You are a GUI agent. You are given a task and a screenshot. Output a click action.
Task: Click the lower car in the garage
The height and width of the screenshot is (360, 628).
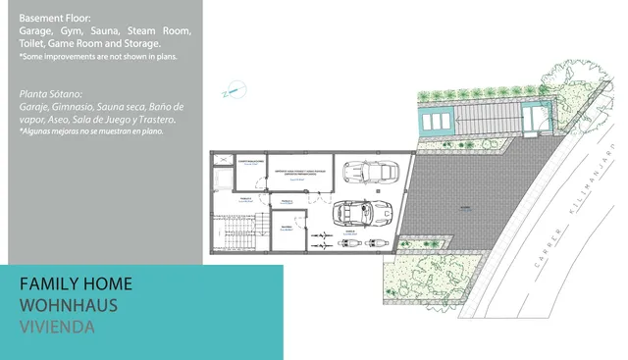click(x=363, y=211)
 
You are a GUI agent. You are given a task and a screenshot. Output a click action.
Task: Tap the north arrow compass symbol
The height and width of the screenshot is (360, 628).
click(x=233, y=91)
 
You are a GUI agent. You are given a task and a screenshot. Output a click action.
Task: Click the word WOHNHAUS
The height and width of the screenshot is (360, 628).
click(x=69, y=305)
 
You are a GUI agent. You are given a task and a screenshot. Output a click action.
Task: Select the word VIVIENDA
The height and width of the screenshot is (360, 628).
click(x=57, y=327)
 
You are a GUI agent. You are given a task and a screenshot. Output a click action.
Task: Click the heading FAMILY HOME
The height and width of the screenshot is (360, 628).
click(x=76, y=283)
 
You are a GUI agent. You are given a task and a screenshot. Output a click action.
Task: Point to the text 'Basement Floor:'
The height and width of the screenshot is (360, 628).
click(x=54, y=19)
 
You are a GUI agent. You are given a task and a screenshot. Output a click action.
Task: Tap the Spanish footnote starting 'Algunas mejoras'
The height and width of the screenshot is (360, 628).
click(x=91, y=130)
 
